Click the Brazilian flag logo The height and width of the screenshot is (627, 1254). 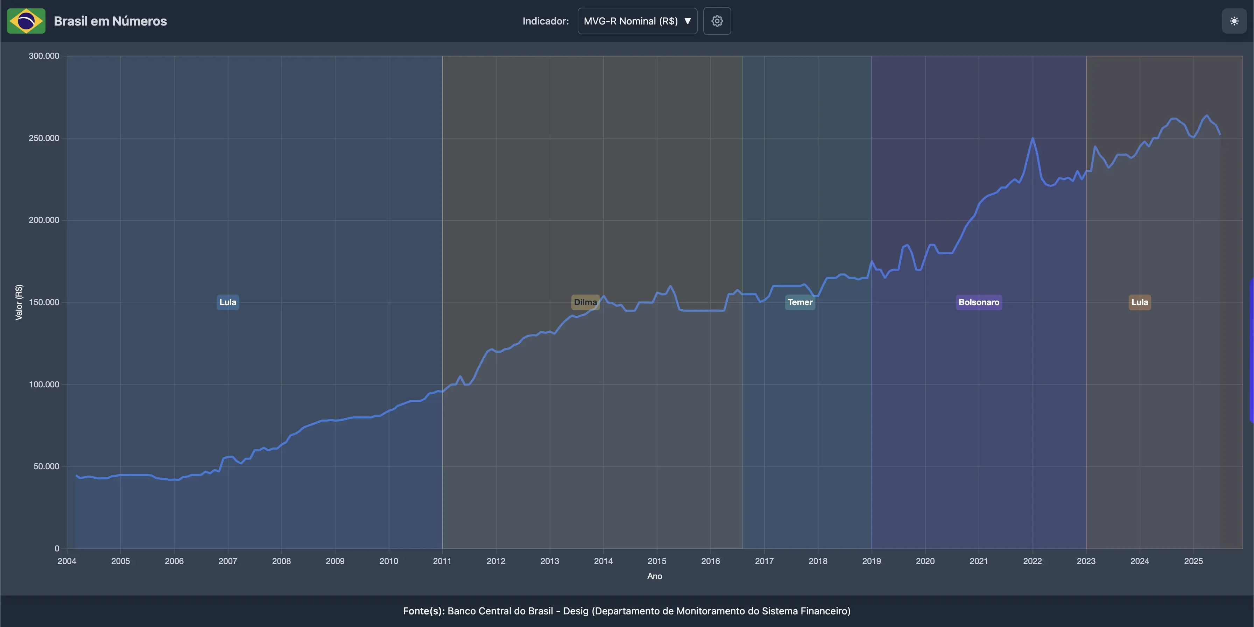[x=26, y=21]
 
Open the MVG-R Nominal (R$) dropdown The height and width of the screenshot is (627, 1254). [x=637, y=21]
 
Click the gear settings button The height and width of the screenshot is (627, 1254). [x=717, y=21]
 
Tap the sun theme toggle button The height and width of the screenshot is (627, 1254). [x=1234, y=21]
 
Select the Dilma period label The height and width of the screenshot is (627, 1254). [x=585, y=302]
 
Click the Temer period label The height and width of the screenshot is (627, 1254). [x=800, y=302]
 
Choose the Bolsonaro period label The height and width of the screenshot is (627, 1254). [x=979, y=302]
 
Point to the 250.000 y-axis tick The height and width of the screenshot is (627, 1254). [x=44, y=138]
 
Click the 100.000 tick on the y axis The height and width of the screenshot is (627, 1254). [x=44, y=385]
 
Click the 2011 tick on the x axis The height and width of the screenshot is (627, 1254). [x=442, y=561]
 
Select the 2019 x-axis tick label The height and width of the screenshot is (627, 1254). [x=871, y=561]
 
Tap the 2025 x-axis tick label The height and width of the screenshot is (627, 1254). [x=1193, y=561]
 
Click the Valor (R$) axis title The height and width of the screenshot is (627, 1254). [x=19, y=302]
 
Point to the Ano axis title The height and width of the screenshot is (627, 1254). [x=654, y=576]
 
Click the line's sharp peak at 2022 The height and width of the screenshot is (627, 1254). [x=1032, y=139]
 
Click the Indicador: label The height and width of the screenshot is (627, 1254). [x=545, y=21]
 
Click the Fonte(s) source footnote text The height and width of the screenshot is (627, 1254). [x=627, y=611]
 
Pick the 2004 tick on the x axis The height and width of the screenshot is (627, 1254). [x=67, y=561]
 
